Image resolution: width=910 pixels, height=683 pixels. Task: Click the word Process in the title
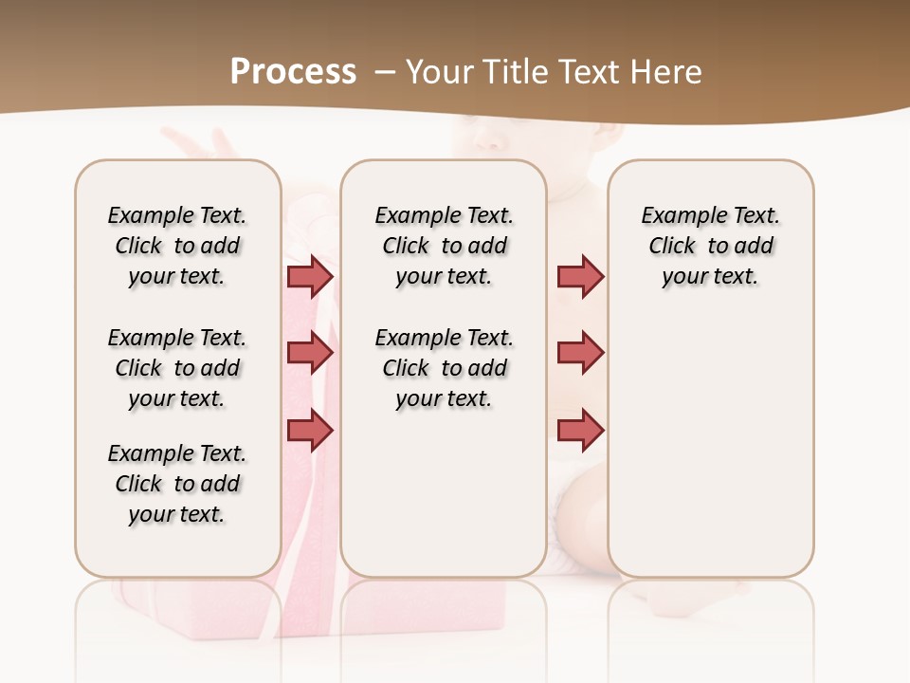click(x=293, y=71)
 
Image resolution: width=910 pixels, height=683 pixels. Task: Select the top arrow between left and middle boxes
click(x=310, y=276)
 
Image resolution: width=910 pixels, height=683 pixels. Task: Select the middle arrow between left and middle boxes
click(x=310, y=353)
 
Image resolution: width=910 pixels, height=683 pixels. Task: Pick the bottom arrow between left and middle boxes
click(x=310, y=431)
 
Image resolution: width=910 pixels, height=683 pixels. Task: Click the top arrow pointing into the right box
click(x=580, y=276)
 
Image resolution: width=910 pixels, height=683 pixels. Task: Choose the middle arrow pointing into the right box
click(x=580, y=353)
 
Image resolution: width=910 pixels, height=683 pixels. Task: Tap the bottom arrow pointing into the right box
click(x=580, y=431)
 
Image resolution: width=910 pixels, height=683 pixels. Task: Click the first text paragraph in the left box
click(x=177, y=246)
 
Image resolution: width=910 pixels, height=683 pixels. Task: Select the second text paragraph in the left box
click(x=177, y=368)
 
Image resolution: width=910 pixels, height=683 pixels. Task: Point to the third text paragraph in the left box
click(x=177, y=484)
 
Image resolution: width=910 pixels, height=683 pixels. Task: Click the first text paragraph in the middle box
click(x=444, y=246)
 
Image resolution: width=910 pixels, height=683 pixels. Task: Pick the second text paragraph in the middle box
click(x=444, y=368)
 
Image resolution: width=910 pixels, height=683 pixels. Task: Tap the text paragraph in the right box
click(x=710, y=246)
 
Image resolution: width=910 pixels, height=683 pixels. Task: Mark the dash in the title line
click(x=384, y=71)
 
